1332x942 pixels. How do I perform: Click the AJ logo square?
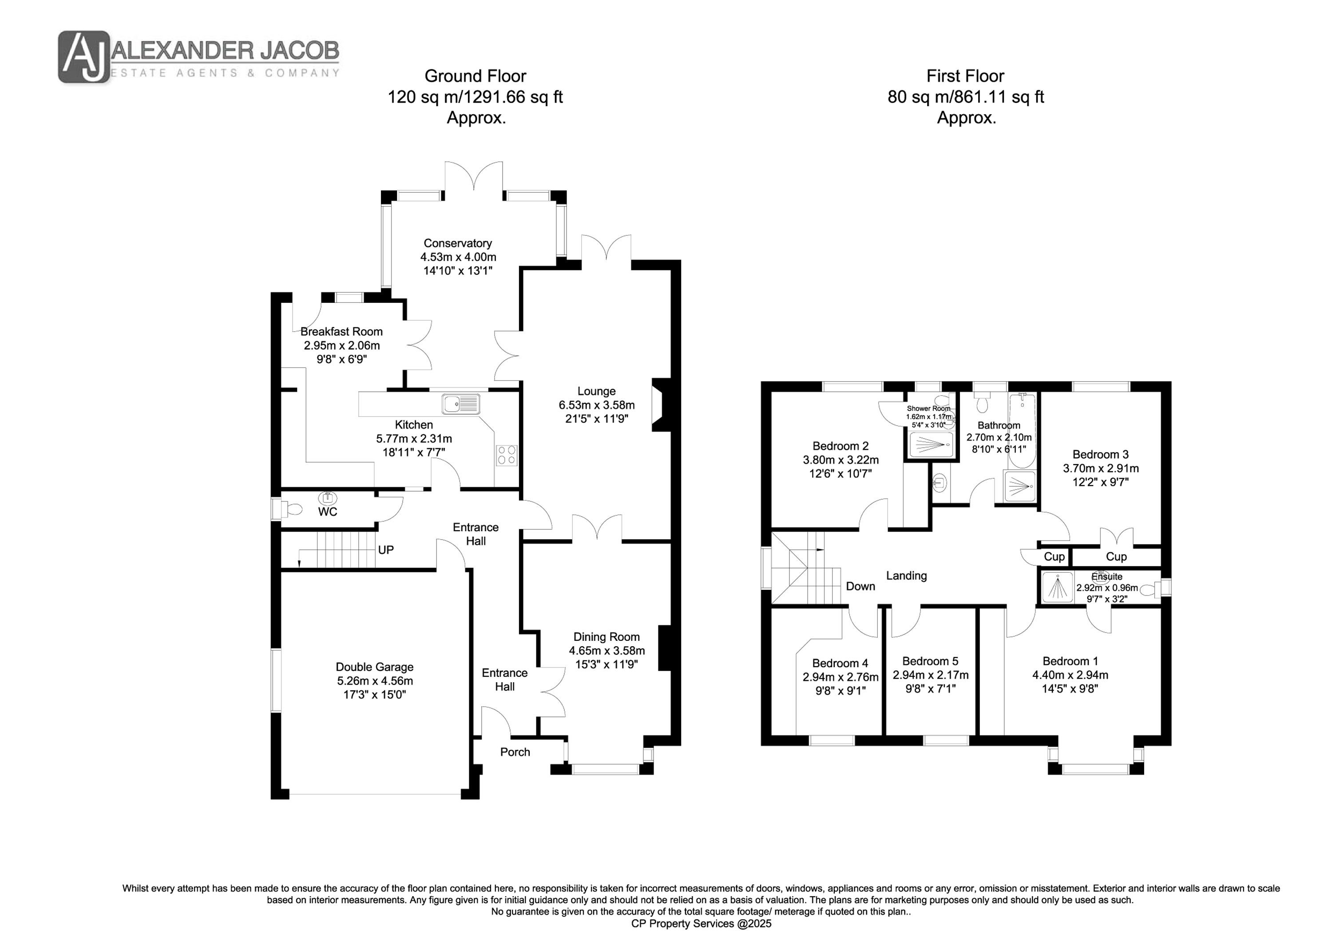[x=83, y=57]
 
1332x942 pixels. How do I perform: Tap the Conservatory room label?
[x=458, y=243]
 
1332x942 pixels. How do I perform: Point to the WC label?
[x=328, y=512]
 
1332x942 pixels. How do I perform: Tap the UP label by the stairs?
[x=386, y=550]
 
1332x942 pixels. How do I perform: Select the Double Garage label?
[x=375, y=668]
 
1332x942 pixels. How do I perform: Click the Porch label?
[x=515, y=752]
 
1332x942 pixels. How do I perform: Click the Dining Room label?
[x=607, y=637]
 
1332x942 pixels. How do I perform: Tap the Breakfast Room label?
[x=342, y=332]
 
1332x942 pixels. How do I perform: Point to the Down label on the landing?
[x=860, y=586]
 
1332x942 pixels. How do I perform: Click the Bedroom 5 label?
[x=931, y=661]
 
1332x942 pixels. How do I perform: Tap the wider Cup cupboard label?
[x=1116, y=556]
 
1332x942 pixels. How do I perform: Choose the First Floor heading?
[x=965, y=76]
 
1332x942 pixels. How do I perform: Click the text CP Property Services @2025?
[x=702, y=923]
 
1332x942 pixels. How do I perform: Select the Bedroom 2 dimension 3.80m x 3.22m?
[x=840, y=460]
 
